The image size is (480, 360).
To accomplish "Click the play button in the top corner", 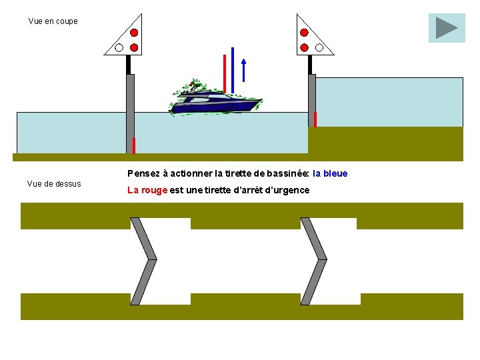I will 447,28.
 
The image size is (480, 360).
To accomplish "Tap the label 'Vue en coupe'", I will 53,21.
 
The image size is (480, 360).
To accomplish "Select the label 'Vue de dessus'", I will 54,184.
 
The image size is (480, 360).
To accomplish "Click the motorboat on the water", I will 215,101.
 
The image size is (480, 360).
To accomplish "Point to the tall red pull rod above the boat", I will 225,73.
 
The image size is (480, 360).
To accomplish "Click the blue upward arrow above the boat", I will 244,71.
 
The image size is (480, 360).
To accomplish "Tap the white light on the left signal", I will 119,47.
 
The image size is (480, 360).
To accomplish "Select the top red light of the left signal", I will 134,33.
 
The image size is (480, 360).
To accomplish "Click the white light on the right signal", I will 319,47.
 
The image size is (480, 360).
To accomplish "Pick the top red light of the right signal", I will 304,33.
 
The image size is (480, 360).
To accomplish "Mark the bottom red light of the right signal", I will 304,47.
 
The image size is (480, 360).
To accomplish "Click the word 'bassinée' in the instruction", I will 280,173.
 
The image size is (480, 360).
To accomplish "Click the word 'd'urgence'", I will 288,190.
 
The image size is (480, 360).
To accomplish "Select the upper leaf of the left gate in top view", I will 143,238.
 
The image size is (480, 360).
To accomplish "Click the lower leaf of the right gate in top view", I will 315,282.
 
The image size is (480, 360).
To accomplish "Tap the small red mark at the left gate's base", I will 134,145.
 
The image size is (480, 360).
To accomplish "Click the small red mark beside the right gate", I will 315,119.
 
